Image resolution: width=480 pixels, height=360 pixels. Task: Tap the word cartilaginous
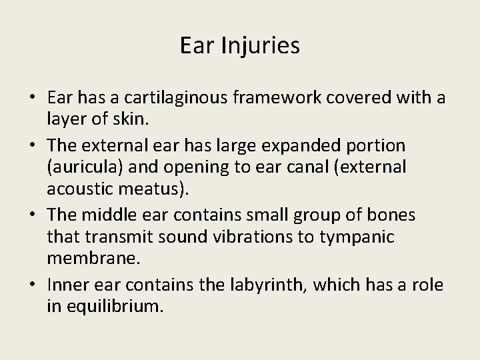click(x=160, y=99)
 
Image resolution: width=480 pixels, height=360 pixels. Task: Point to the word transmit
click(x=123, y=237)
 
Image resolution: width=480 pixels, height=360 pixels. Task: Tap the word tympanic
click(x=363, y=237)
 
